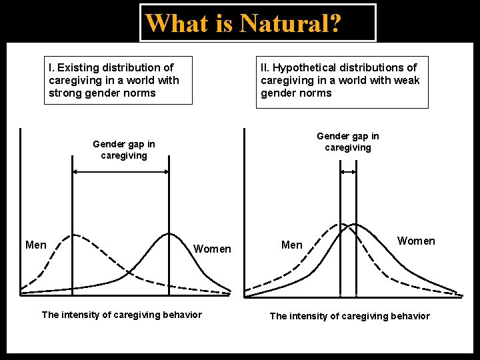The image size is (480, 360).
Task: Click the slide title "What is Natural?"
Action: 243,23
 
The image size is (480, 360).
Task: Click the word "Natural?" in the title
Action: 291,23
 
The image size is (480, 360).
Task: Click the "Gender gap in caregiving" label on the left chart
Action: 124,149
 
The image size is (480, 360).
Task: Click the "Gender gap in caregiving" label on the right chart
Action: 348,141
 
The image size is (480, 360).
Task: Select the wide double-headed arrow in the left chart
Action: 120,172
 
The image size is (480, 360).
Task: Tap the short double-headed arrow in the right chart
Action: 348,172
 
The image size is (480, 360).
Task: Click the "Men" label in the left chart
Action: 36,245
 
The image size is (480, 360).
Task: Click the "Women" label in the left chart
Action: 212,249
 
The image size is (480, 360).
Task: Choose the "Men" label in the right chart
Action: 291,245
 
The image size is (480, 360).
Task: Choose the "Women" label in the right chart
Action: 416,241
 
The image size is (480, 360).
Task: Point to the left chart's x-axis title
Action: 121,315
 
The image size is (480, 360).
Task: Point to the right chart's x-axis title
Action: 349,316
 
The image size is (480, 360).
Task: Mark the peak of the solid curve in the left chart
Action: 169,234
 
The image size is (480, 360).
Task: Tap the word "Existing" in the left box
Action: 79,67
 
